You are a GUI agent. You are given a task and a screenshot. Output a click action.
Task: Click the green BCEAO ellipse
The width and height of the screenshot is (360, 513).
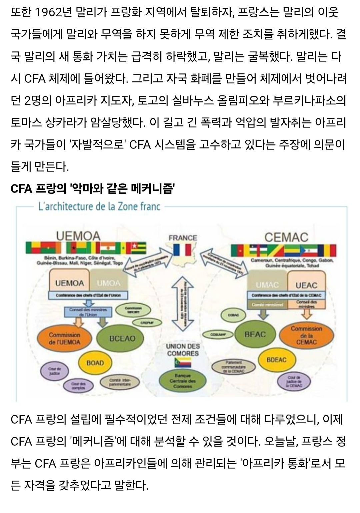click(x=122, y=338)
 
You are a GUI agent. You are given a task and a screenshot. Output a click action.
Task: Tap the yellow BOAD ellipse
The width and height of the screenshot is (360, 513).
click(x=95, y=363)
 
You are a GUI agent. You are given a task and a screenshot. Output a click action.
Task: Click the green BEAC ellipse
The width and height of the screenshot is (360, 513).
click(x=255, y=334)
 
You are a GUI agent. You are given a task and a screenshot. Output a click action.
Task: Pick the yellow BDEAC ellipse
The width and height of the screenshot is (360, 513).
click(x=276, y=360)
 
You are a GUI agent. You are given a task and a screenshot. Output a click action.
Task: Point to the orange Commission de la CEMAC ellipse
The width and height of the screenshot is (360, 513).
click(x=306, y=335)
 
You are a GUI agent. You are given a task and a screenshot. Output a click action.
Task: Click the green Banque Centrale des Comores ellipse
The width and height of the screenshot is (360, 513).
click(x=182, y=381)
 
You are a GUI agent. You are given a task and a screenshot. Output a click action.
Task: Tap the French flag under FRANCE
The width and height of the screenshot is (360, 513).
click(x=182, y=250)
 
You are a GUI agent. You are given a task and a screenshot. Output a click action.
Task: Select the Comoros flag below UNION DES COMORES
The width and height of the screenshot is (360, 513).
click(x=183, y=363)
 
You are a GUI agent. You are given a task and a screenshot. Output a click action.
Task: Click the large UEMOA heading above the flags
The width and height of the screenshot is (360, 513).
click(x=78, y=236)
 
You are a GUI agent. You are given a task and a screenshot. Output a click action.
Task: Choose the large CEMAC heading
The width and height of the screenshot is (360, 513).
click(x=286, y=237)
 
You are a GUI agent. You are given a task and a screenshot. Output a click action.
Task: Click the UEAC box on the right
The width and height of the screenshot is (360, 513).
click(x=306, y=285)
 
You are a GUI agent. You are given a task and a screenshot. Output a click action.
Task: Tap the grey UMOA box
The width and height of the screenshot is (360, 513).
click(x=109, y=283)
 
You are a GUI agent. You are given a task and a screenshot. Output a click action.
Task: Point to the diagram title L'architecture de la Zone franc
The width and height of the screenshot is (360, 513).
click(x=99, y=206)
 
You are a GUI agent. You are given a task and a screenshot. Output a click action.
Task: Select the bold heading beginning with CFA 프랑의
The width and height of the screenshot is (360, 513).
click(x=93, y=189)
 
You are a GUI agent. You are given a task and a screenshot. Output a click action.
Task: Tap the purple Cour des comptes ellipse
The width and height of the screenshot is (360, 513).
click(x=78, y=386)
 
